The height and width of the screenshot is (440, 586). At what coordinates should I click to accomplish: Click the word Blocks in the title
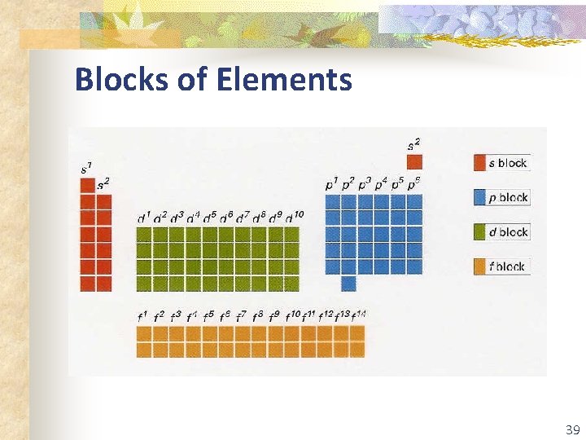click(121, 80)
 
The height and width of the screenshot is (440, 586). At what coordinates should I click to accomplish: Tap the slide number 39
click(572, 429)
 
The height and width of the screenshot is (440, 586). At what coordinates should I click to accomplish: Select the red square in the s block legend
click(480, 163)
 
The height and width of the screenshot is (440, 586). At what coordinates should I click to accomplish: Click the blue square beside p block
click(480, 197)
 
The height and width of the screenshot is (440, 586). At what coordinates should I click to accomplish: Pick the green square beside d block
click(480, 232)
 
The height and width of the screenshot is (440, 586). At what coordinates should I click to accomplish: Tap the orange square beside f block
click(480, 266)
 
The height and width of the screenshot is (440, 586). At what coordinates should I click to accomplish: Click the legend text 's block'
click(509, 163)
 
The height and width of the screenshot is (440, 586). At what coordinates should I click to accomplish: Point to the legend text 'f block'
click(508, 266)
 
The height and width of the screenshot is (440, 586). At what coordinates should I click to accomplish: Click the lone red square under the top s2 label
click(415, 162)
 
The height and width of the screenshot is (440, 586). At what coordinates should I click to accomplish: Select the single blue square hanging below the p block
click(348, 283)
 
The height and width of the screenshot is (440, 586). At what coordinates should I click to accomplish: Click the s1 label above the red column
click(86, 169)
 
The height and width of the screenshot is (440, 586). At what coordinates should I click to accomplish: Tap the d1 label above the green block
click(144, 218)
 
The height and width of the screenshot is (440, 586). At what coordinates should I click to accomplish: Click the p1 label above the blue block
click(332, 185)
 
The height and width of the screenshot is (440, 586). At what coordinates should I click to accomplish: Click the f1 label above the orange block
click(142, 316)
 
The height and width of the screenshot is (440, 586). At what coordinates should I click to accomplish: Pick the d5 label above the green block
click(209, 218)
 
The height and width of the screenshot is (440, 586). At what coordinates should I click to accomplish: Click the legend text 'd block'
click(509, 232)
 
